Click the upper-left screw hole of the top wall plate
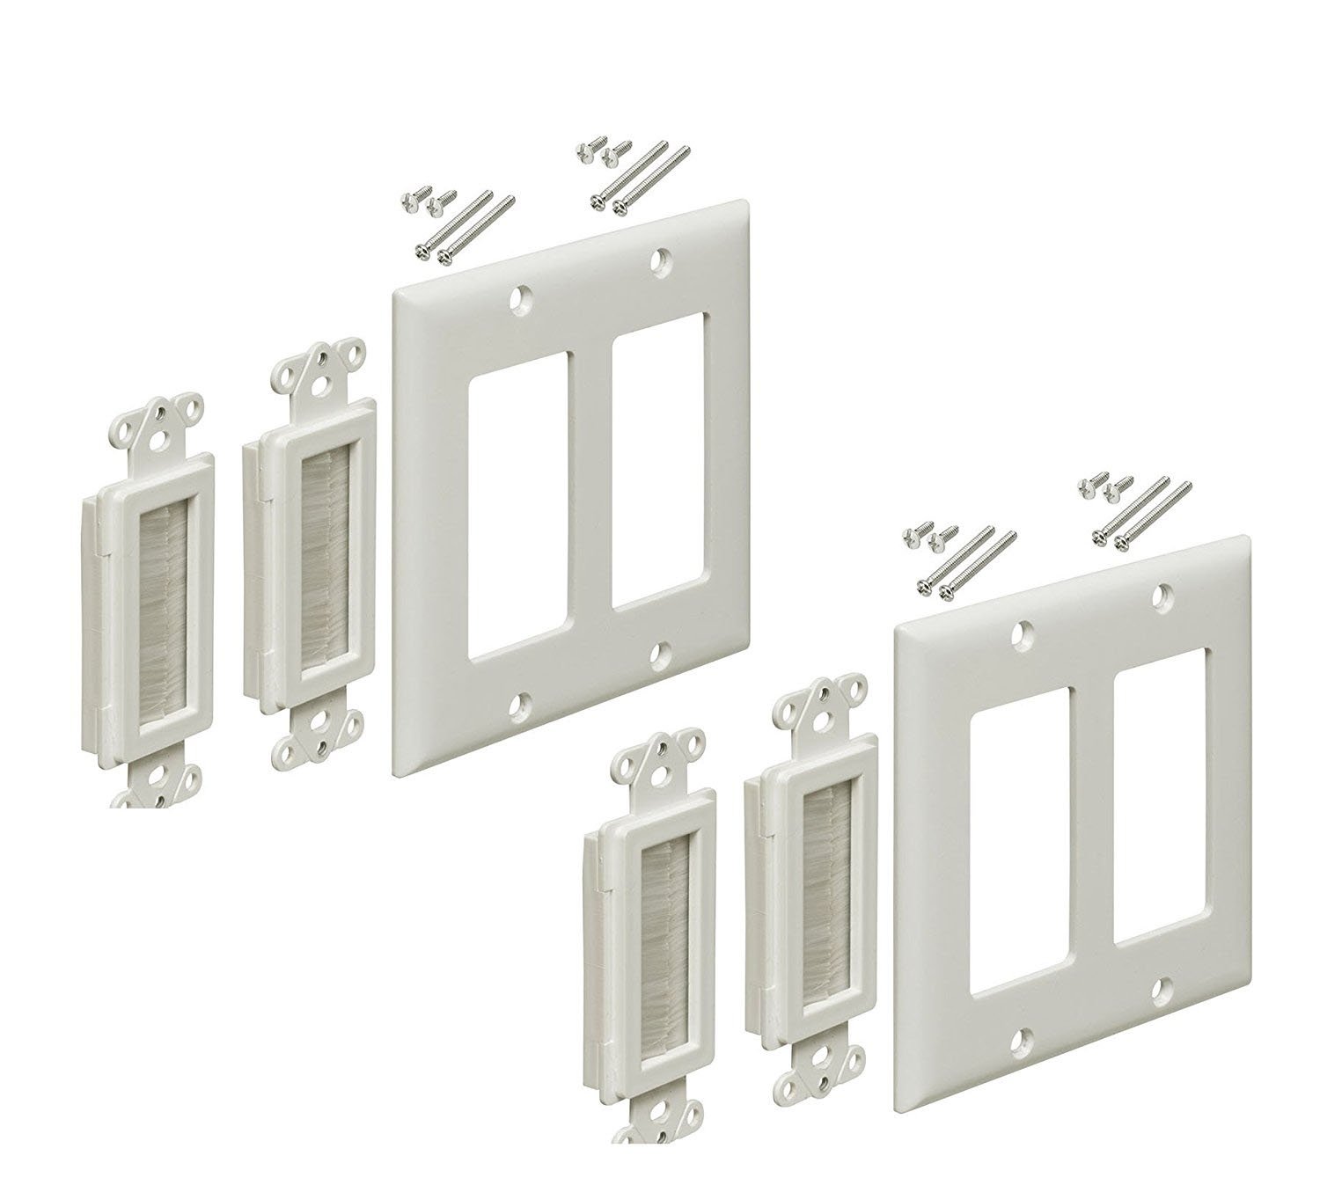[x=524, y=299]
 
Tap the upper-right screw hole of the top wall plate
[x=660, y=260]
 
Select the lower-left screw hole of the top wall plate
[x=524, y=704]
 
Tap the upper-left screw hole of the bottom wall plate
[x=1023, y=632]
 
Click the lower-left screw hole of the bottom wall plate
[x=1023, y=1041]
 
